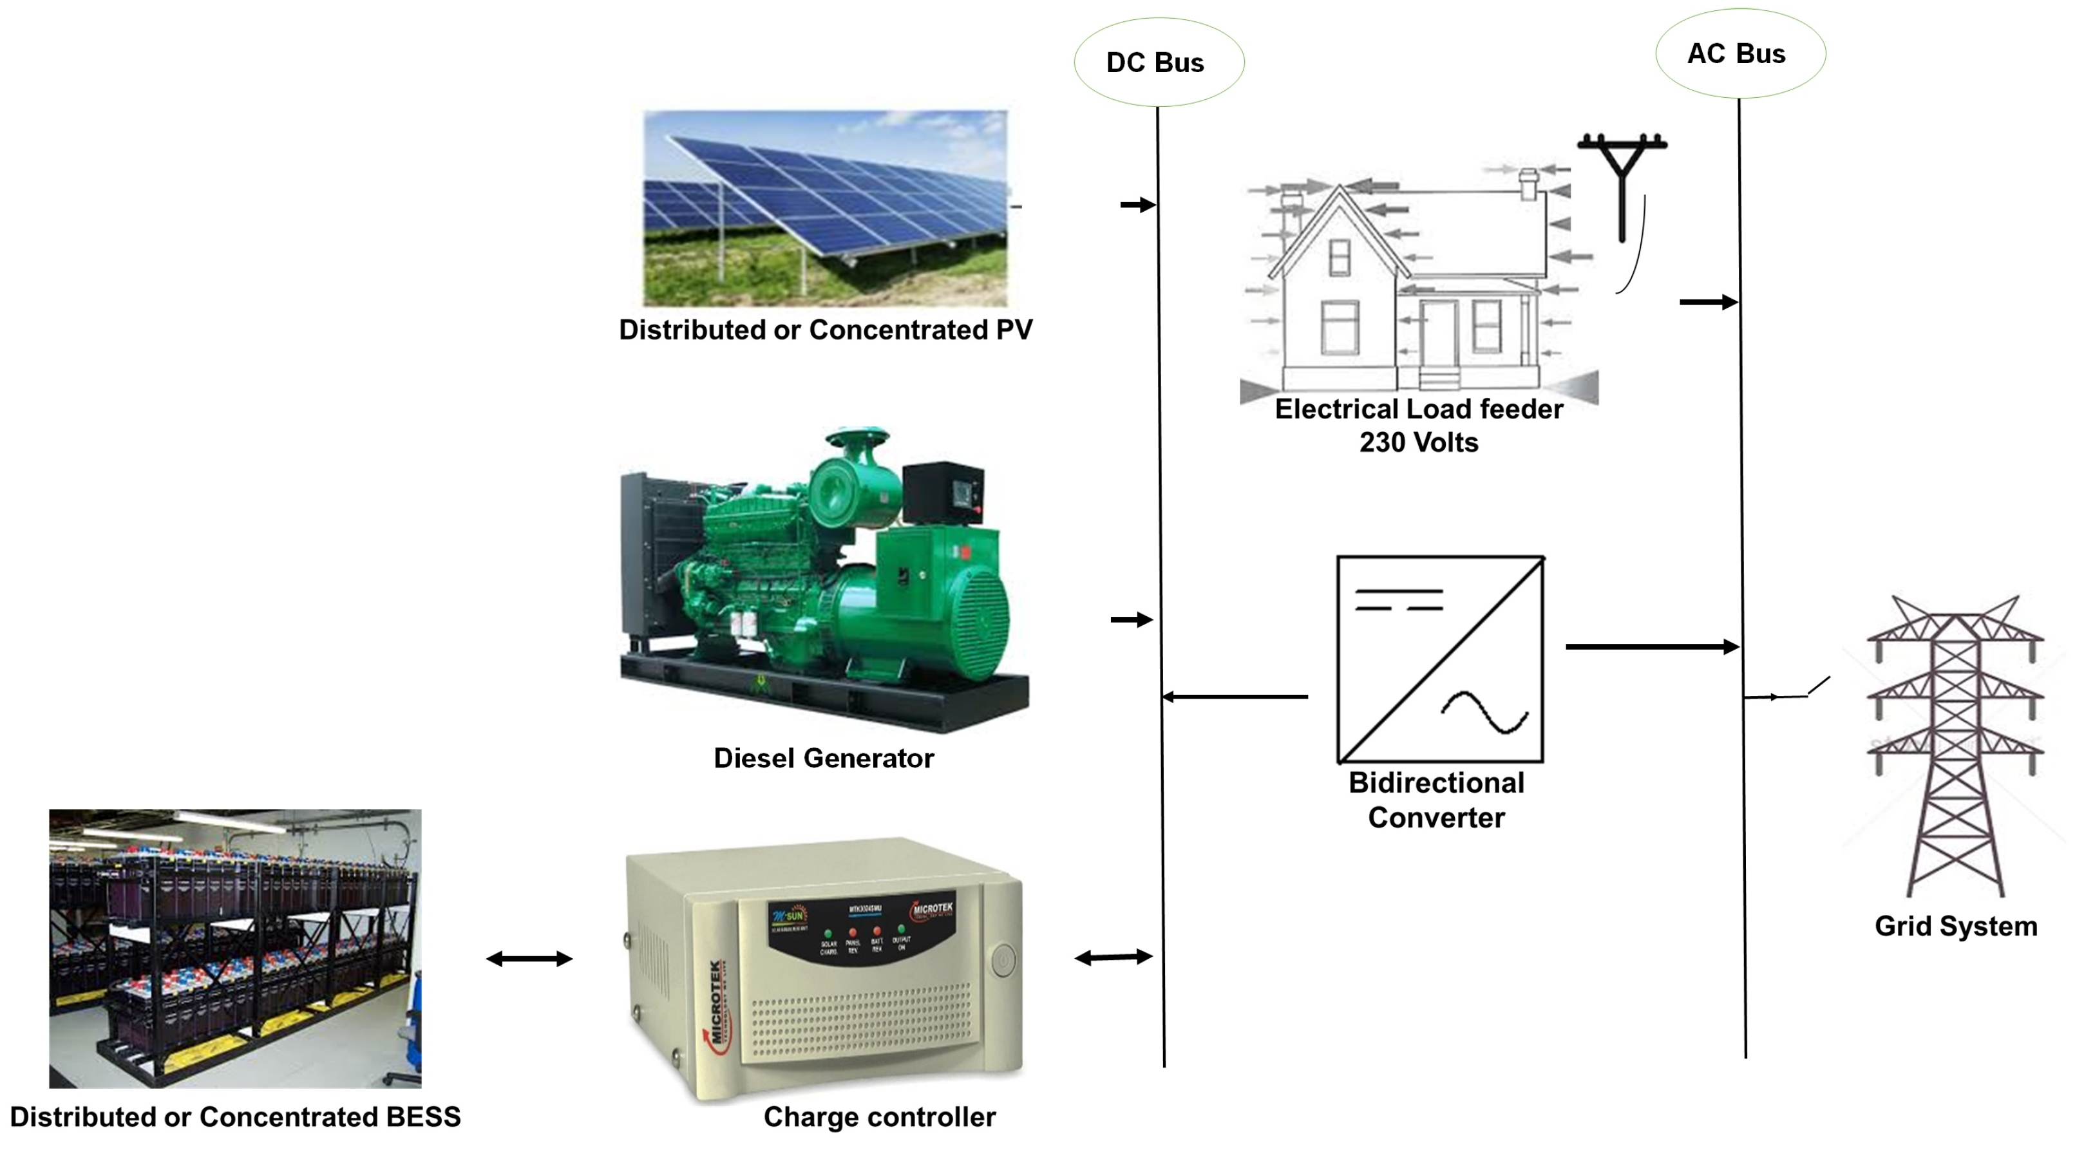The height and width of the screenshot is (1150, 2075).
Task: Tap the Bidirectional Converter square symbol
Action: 1440,659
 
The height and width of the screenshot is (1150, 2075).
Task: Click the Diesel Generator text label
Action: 823,758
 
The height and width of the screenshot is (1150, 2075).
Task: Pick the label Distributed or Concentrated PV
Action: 825,330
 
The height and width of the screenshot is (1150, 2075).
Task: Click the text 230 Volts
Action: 1419,442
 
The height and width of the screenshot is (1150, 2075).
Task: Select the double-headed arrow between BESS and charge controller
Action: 529,958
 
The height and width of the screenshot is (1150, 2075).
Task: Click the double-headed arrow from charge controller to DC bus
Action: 1114,957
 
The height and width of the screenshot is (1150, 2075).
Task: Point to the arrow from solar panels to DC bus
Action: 1137,205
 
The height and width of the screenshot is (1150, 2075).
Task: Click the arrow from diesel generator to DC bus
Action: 1132,619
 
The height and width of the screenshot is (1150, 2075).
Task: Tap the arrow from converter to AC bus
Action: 1651,646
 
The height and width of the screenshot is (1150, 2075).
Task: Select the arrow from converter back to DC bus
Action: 1235,697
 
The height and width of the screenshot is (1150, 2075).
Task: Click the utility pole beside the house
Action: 1622,185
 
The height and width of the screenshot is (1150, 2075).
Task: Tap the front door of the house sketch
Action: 1439,335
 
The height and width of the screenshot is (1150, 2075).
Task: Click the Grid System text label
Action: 1956,926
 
